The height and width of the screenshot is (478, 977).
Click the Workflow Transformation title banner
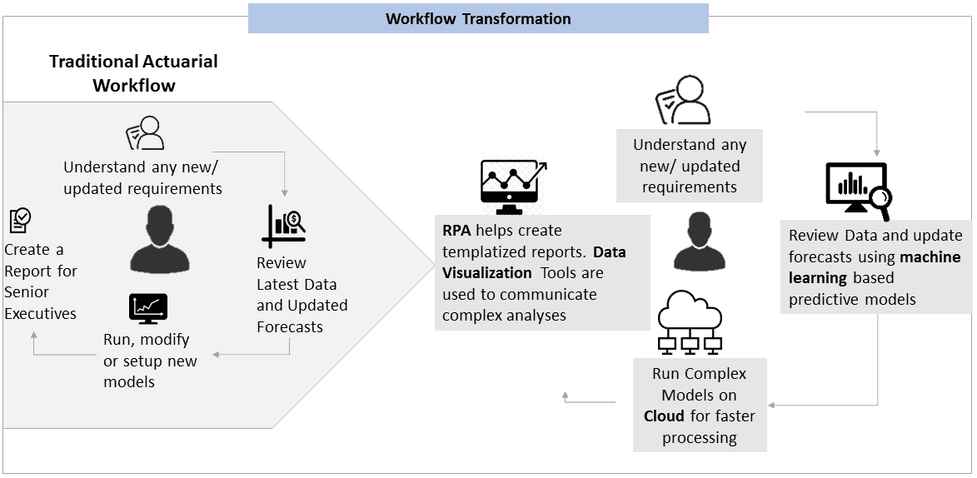pyautogui.click(x=478, y=18)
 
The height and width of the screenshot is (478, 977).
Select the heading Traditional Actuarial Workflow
pyautogui.click(x=133, y=73)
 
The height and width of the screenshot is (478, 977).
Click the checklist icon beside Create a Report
pyautogui.click(x=20, y=221)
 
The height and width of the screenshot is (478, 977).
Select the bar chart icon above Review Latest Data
pyautogui.click(x=284, y=226)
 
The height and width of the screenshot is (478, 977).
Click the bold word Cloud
pyautogui.click(x=664, y=416)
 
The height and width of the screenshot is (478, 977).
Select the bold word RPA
pyautogui.click(x=456, y=231)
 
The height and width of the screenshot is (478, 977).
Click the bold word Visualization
pyautogui.click(x=487, y=273)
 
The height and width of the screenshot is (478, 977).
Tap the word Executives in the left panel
pyautogui.click(x=40, y=314)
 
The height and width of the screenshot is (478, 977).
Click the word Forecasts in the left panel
pyautogui.click(x=290, y=327)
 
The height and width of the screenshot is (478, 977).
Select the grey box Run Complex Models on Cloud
pyautogui.click(x=700, y=406)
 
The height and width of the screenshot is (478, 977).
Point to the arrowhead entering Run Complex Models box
pyautogui.click(x=772, y=406)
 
